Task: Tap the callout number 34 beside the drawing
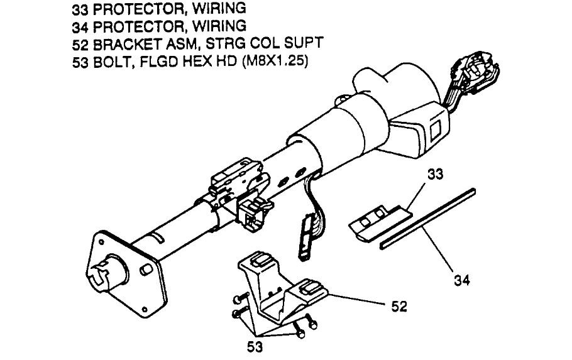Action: [x=461, y=277]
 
